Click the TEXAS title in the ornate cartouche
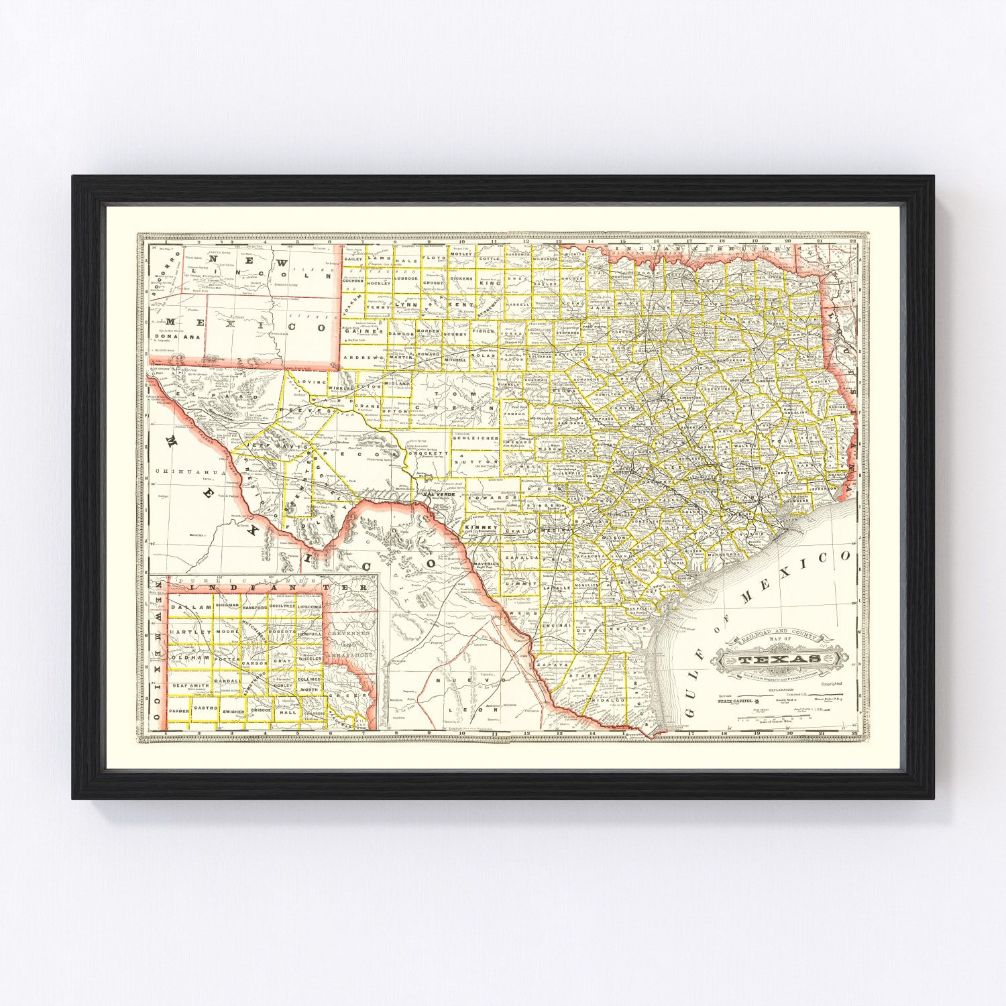tap(779, 659)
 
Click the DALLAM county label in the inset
tap(190, 606)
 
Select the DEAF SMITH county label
tap(190, 685)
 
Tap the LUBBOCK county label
tap(406, 278)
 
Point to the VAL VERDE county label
tap(439, 494)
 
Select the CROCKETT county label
tap(428, 453)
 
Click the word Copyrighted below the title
tap(832, 683)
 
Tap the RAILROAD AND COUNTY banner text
tap(778, 634)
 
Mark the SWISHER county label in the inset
tap(233, 710)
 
